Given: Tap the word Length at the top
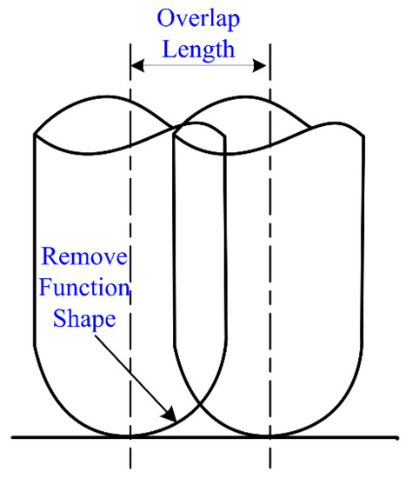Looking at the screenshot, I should [200, 49].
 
